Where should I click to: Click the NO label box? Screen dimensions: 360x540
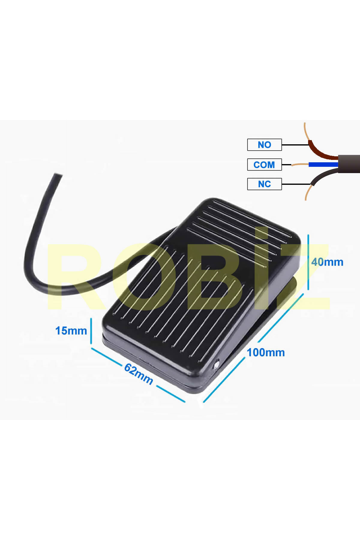coord(264,145)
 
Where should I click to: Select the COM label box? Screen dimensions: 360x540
coord(264,164)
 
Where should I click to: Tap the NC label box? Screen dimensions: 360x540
coord(264,184)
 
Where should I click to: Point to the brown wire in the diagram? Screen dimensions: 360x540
coord(321,151)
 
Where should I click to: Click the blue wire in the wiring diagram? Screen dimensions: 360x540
coord(323,164)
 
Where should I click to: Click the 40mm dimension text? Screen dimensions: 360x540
coord(327,262)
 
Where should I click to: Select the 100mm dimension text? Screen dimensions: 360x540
coord(266,352)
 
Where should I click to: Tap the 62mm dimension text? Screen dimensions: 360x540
coord(139,374)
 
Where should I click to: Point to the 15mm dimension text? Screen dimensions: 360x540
coord(71,331)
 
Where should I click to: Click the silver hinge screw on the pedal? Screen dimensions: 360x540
coord(216,365)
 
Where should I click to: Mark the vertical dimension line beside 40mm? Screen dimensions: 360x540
coord(308,262)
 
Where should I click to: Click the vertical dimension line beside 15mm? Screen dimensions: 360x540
coord(91,331)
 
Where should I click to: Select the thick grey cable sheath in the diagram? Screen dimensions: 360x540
coord(349,164)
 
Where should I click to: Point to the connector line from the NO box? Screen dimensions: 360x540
coord(295,145)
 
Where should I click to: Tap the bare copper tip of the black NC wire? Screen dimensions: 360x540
coord(308,193)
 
